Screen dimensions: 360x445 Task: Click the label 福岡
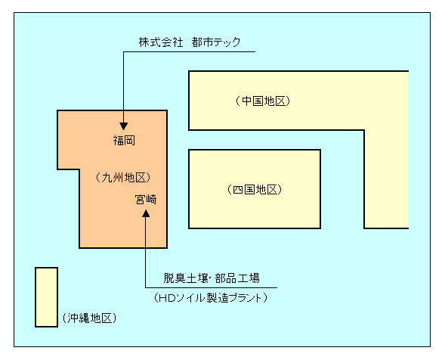124,140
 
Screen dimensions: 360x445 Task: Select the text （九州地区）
124,177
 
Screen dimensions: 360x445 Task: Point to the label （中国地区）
262,101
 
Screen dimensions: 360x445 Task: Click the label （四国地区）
254,189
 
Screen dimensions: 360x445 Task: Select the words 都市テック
216,42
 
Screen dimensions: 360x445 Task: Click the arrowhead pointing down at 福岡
123,123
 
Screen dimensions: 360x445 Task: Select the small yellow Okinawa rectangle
46,296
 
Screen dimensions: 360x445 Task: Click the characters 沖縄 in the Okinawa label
79,318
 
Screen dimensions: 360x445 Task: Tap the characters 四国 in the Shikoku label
243,189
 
